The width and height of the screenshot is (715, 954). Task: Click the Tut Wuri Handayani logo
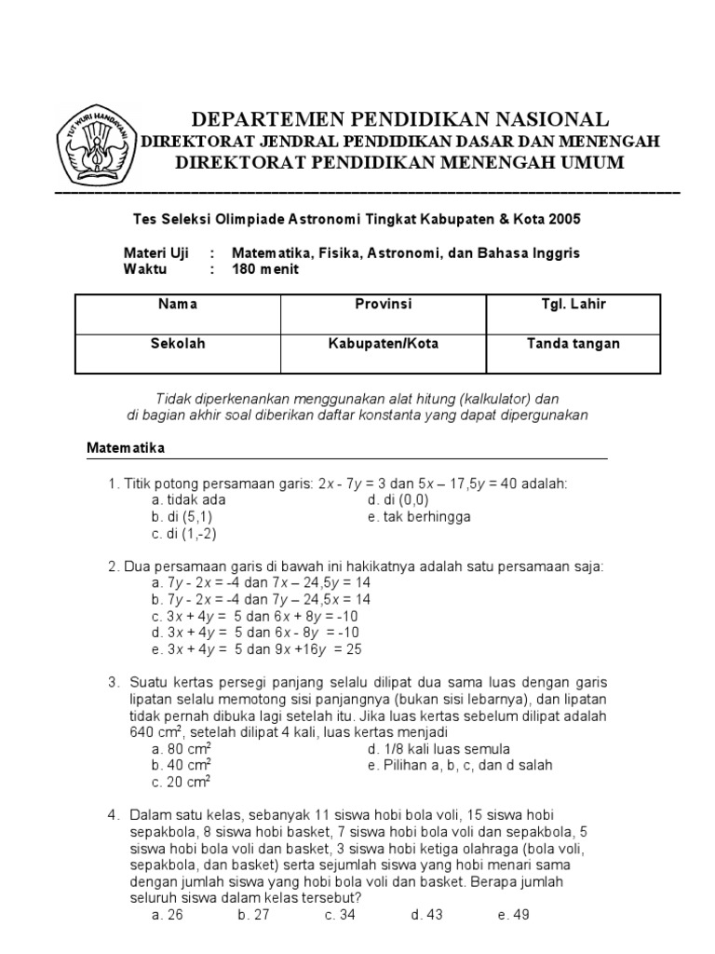click(98, 144)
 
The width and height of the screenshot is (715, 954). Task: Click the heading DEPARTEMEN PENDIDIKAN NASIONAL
click(400, 119)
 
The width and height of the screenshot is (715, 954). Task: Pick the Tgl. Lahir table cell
click(568, 314)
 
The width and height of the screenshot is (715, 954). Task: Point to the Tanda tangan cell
click(568, 353)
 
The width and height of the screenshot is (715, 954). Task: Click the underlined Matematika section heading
click(126, 448)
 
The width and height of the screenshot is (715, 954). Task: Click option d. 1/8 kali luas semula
click(438, 748)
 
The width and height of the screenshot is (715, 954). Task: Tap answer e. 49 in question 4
click(513, 915)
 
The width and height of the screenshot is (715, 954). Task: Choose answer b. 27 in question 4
click(253, 915)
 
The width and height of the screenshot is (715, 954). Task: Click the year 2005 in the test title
click(563, 219)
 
